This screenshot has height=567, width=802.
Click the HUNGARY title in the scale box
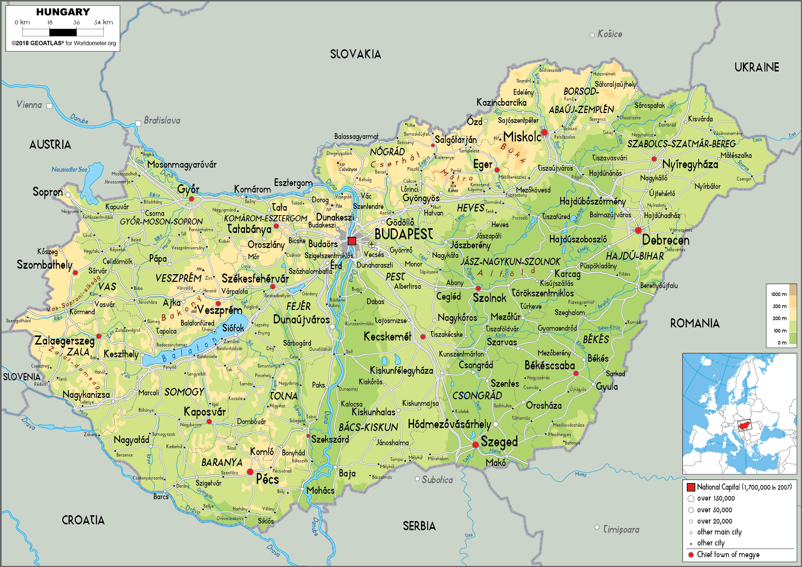click(x=63, y=12)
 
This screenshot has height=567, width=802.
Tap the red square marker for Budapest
click(x=352, y=241)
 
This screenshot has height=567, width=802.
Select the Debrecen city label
click(x=666, y=240)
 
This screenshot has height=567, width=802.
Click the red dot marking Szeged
click(x=475, y=445)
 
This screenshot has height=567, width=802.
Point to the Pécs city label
click(x=267, y=479)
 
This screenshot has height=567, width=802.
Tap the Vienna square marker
click(x=50, y=106)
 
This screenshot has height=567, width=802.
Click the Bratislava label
click(x=162, y=120)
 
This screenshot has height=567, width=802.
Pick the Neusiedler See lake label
click(x=69, y=170)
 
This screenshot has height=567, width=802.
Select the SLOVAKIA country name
click(x=355, y=54)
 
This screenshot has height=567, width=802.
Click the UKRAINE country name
click(x=757, y=67)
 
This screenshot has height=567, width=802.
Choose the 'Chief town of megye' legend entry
click(x=728, y=555)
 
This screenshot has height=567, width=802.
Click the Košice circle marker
click(x=592, y=35)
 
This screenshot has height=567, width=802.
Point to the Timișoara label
click(x=621, y=529)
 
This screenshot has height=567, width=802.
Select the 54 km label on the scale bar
click(x=104, y=23)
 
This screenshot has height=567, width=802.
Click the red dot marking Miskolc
click(x=544, y=132)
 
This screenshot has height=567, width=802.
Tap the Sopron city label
click(x=47, y=192)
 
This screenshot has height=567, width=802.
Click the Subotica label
click(x=437, y=480)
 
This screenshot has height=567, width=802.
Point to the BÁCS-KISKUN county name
click(x=368, y=427)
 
